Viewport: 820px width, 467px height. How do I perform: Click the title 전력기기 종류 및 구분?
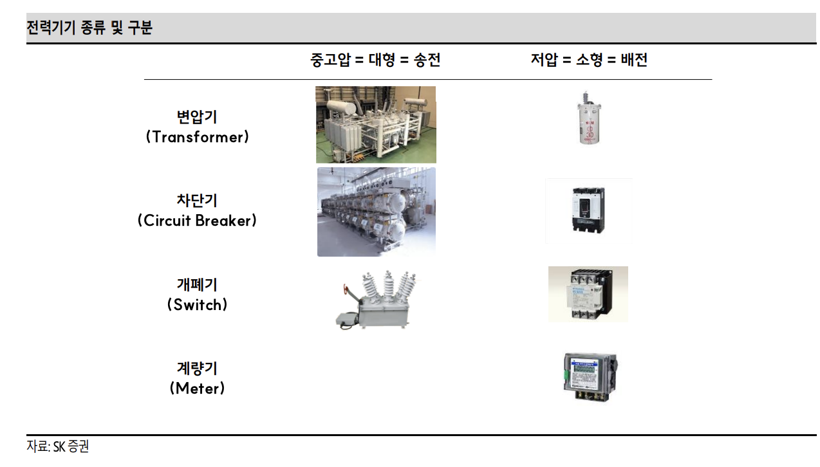[x=89, y=28]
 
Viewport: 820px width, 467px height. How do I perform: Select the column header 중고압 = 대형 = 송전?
[x=375, y=60]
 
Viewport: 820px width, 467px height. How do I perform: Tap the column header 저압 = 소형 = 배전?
[x=588, y=60]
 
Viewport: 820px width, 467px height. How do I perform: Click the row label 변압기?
[x=197, y=117]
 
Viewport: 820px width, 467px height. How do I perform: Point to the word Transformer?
[x=197, y=137]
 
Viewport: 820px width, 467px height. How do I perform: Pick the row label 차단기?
[x=197, y=200]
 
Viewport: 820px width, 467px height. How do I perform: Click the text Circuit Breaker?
[x=197, y=221]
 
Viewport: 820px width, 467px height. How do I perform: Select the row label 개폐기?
[x=197, y=284]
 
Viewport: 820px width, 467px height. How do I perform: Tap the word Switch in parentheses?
[x=197, y=304]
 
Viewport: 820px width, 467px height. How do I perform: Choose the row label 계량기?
[x=197, y=368]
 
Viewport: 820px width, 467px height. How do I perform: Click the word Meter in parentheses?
[x=197, y=389]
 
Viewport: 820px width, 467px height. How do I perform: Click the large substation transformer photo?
[x=375, y=125]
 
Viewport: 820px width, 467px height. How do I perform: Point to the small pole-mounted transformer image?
[x=588, y=118]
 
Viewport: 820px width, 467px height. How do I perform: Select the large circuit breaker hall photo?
[x=376, y=212]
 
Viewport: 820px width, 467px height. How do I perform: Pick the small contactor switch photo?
[x=588, y=294]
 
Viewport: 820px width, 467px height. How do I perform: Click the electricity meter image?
[x=589, y=377]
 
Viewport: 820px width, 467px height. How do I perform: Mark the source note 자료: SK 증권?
[x=58, y=446]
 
